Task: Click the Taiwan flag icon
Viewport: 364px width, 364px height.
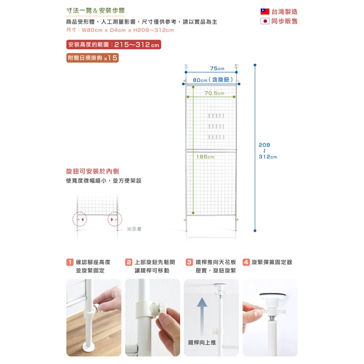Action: (265, 12)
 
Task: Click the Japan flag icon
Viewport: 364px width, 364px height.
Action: (265, 21)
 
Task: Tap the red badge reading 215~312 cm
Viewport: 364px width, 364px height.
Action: (114, 45)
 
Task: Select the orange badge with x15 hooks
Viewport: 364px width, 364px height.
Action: (92, 58)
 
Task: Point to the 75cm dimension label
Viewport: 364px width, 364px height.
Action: (217, 68)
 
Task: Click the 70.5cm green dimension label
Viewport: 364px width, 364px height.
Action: (214, 93)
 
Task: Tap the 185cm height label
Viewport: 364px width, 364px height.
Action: (205, 157)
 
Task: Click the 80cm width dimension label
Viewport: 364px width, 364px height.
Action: (213, 80)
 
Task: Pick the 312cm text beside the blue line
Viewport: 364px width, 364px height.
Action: (268, 157)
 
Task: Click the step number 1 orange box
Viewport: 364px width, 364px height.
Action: (70, 262)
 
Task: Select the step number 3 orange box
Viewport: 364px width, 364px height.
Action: (189, 262)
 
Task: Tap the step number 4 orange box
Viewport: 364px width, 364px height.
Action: (246, 262)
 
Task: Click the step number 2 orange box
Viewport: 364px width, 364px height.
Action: (128, 262)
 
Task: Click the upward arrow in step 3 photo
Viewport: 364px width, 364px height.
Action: (202, 317)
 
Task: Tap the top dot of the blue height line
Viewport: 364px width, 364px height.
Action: (255, 65)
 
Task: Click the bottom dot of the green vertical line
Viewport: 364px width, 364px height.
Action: (193, 213)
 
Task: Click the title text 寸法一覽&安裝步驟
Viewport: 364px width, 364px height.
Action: (96, 11)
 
